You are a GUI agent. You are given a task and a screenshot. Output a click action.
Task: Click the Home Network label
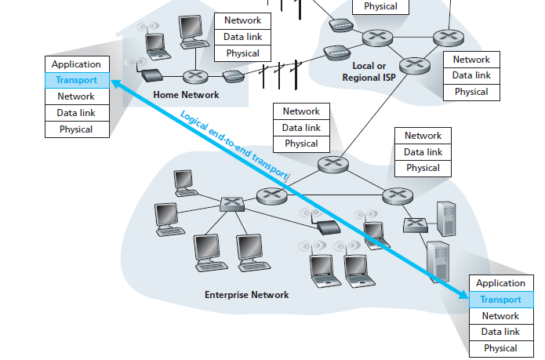pyautogui.click(x=187, y=95)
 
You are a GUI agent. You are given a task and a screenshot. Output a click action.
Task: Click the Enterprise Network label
pyautogui.click(x=246, y=295)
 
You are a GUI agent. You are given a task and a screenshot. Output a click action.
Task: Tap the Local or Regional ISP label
pyautogui.click(x=364, y=72)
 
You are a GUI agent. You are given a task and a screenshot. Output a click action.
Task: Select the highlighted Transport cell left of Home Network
pyautogui.click(x=76, y=80)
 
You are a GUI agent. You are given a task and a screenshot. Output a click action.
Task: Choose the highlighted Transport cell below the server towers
pyautogui.click(x=500, y=300)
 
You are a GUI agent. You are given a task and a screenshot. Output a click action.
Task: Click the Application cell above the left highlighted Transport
pyautogui.click(x=76, y=64)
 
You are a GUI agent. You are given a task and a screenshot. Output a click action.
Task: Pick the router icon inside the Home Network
pyautogui.click(x=194, y=76)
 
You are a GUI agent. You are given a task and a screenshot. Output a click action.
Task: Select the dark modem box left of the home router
pyautogui.click(x=151, y=76)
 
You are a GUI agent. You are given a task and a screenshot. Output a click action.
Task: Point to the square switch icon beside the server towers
pyautogui.click(x=415, y=225)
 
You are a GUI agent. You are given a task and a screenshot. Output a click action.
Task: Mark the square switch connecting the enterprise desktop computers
pyautogui.click(x=231, y=202)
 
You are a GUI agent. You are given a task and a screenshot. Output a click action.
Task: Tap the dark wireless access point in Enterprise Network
pyautogui.click(x=324, y=228)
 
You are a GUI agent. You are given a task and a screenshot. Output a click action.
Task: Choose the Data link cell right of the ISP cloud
pyautogui.click(x=471, y=75)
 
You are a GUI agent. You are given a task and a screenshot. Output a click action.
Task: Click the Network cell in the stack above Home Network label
pyautogui.click(x=242, y=20)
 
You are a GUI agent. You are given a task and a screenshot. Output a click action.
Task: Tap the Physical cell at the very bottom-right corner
pyautogui.click(x=500, y=348)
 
